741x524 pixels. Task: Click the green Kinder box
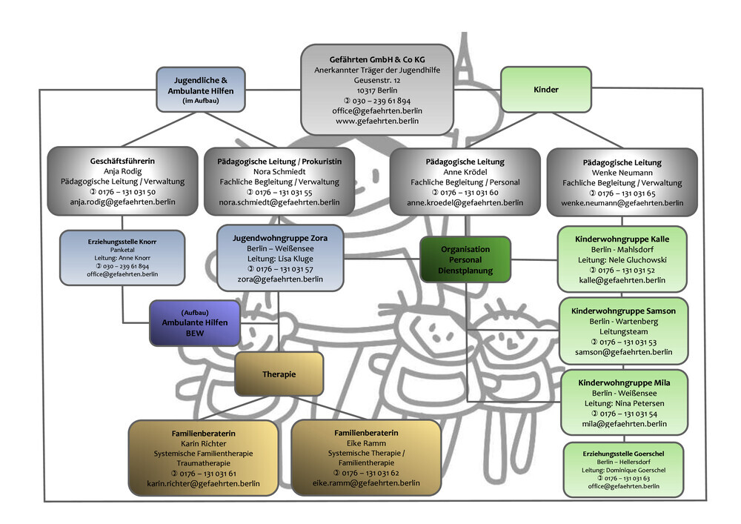click(x=546, y=90)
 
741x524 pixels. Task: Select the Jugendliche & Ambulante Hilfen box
click(x=200, y=90)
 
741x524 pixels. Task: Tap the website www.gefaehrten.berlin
click(x=377, y=121)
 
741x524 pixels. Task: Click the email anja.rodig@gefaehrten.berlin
click(x=122, y=202)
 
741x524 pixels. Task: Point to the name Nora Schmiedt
click(x=279, y=171)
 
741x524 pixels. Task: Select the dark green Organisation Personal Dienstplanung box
click(x=465, y=260)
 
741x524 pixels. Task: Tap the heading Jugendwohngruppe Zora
click(x=279, y=238)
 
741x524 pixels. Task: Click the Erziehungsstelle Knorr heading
click(x=122, y=242)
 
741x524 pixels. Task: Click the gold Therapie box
click(x=279, y=374)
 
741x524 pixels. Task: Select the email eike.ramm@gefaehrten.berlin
click(x=366, y=483)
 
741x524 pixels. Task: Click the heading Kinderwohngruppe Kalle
click(x=622, y=239)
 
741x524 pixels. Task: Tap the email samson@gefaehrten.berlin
click(x=623, y=353)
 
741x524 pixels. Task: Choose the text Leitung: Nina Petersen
click(x=623, y=403)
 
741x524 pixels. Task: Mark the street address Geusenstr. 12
click(x=377, y=79)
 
